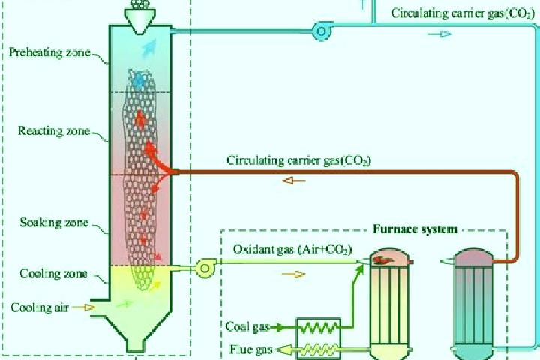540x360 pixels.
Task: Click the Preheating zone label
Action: [x=49, y=52]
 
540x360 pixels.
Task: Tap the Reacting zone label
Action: [x=54, y=131]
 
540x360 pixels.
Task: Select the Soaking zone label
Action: [x=54, y=223]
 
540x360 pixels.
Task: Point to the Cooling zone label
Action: [x=53, y=274]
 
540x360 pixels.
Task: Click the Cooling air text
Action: [x=40, y=307]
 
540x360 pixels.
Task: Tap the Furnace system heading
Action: [x=415, y=229]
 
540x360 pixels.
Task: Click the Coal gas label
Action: [x=247, y=326]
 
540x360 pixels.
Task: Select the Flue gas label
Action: [x=251, y=349]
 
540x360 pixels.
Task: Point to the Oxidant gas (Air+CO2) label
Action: [x=292, y=249]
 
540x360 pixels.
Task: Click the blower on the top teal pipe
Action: [x=322, y=31]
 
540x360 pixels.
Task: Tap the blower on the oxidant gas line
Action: [x=205, y=268]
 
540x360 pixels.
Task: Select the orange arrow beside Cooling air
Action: [x=83, y=307]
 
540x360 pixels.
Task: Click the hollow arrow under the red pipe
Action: [x=294, y=181]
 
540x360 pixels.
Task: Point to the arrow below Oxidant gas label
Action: [x=293, y=274]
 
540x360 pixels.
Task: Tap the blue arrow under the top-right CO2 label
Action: [x=439, y=34]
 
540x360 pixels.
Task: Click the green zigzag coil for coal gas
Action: [x=319, y=327]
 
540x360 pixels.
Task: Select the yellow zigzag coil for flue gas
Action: [x=319, y=349]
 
